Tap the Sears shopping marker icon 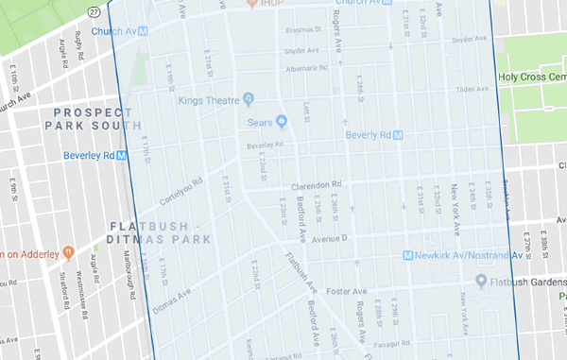281,121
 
